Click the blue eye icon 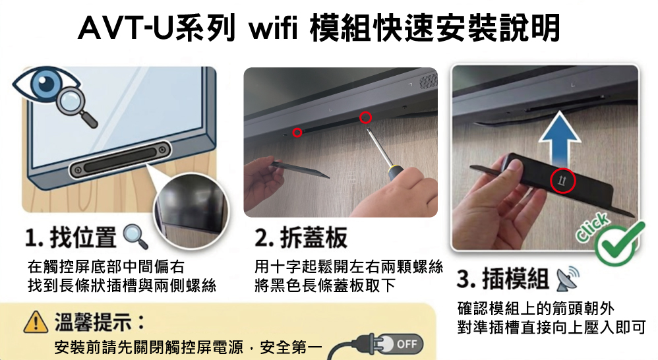point(44,83)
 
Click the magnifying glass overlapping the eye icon point(76,107)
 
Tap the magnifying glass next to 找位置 point(135,237)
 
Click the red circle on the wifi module point(562,181)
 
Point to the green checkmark point(620,244)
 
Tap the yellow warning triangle point(36,322)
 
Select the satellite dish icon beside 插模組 point(568,279)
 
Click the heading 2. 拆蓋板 point(301,237)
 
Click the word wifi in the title point(273,28)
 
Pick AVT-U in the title point(127,28)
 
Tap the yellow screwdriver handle point(396,171)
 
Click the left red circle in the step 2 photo point(297,133)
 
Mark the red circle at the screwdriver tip point(365,118)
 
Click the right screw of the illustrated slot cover point(162,150)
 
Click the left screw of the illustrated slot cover point(77,170)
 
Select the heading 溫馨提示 point(100,322)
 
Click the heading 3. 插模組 point(503,279)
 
